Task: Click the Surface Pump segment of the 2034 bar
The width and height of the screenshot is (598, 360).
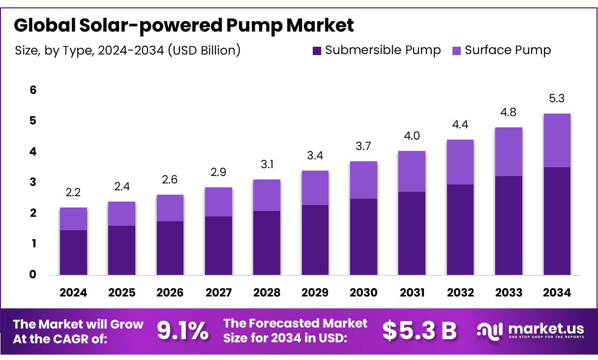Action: click(x=557, y=141)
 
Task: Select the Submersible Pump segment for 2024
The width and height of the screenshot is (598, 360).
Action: click(x=73, y=252)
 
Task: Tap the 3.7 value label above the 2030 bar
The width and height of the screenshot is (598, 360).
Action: click(x=363, y=146)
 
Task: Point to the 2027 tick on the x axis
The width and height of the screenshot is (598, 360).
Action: click(x=218, y=293)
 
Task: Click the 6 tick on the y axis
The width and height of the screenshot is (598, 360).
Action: click(x=33, y=90)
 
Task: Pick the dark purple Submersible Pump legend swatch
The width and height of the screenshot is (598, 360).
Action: click(x=317, y=50)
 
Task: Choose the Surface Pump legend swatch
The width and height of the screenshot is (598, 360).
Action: click(x=456, y=50)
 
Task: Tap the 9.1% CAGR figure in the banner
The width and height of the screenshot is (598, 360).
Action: click(x=182, y=331)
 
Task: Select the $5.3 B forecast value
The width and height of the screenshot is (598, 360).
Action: click(x=419, y=331)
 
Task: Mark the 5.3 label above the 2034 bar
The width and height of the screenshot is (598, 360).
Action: click(x=557, y=99)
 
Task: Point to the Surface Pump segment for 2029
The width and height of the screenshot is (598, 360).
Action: click(x=315, y=188)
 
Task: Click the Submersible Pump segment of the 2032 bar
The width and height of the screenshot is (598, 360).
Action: click(x=460, y=229)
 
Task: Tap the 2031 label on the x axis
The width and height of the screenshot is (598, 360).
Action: click(x=412, y=293)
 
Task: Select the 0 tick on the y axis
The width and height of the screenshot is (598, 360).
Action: click(x=33, y=274)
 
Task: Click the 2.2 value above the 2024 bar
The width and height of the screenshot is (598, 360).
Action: click(x=73, y=193)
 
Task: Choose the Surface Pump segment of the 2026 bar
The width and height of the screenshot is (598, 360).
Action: click(x=170, y=208)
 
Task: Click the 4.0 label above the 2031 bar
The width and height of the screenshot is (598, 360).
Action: click(x=412, y=136)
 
